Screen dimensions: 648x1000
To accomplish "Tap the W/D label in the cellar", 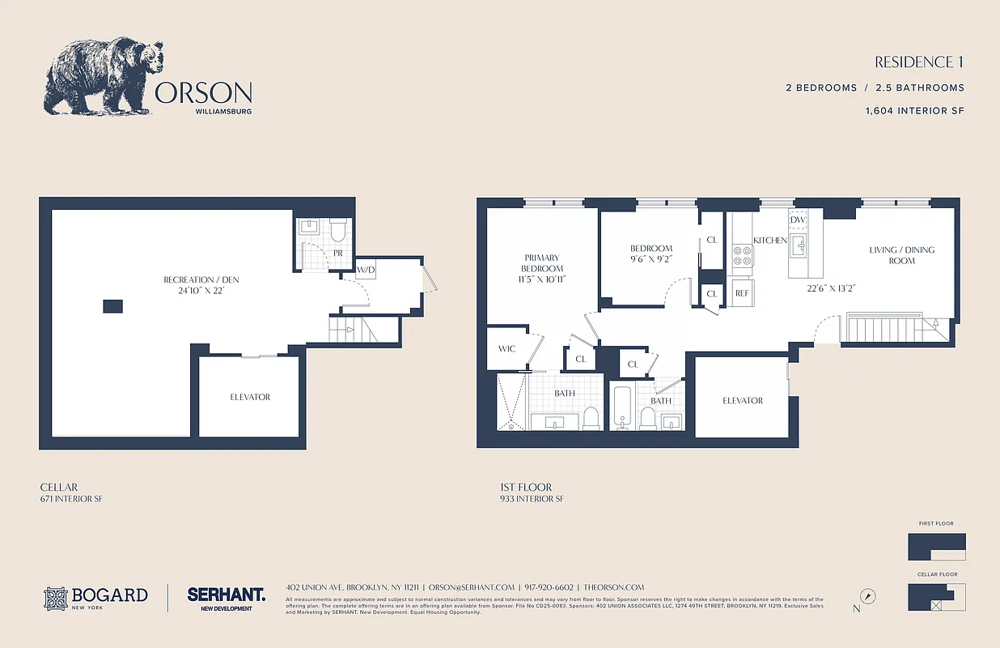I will coord(366,270).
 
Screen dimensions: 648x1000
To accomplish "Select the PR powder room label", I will coord(337,253).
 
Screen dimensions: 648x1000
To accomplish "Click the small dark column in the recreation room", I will coord(113,305).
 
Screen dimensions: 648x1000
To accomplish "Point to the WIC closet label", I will coord(506,349).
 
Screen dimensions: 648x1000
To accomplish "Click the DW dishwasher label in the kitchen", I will coord(799,220).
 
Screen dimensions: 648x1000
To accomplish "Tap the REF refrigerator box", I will coord(742,293).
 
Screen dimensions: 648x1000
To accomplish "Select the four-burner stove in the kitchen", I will coord(742,256).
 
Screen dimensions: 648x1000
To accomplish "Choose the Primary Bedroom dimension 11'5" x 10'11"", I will coord(541,279).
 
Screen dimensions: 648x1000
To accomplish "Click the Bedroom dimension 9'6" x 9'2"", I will coord(651,259).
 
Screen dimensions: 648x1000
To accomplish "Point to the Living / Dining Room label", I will coord(901,255).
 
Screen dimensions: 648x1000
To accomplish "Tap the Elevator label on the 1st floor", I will coord(742,400).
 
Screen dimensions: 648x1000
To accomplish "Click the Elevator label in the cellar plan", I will coord(250,397).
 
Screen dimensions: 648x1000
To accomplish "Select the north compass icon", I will coord(868,595).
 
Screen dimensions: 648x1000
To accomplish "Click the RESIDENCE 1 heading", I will coord(919,62).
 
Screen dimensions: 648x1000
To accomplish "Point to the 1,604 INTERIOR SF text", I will coord(914,110).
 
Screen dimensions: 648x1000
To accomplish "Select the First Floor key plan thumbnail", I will coord(937,547).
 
